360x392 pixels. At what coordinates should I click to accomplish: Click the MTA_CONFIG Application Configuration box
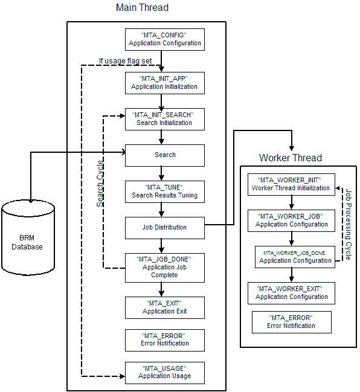164,40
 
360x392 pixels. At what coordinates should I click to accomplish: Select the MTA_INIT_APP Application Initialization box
164,83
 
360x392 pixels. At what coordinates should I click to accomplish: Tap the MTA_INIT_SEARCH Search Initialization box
164,119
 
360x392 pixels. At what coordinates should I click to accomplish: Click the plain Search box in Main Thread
164,155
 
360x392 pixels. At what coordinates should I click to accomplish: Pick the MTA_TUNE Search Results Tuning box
164,192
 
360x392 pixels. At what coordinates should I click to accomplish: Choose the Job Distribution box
164,227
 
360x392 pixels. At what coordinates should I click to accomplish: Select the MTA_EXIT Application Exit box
164,307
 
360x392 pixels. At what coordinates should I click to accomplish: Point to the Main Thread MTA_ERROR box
164,339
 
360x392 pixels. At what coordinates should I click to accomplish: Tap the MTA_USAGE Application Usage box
164,372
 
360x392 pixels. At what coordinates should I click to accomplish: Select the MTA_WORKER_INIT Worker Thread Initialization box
291,184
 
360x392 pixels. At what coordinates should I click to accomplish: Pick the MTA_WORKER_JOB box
291,220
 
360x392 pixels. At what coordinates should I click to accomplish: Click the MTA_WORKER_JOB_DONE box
294,256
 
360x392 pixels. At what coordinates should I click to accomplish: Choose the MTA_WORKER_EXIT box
291,293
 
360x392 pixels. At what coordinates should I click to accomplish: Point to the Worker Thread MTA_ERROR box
291,322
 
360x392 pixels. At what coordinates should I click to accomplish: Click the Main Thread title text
142,8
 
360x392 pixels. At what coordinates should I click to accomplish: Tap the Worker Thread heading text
290,158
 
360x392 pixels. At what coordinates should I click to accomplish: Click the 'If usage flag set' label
125,60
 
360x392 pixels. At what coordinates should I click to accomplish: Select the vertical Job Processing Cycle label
349,223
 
